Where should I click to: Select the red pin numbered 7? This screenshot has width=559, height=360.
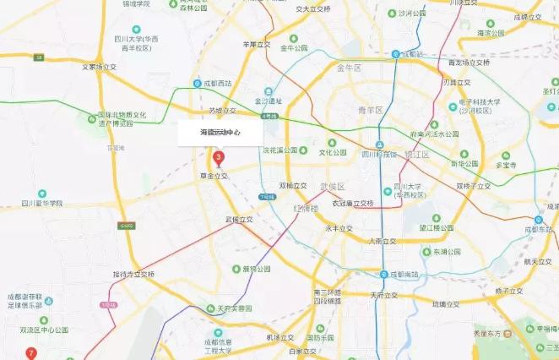click(31, 352)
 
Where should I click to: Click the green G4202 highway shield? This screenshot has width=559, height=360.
click(126, 226)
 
